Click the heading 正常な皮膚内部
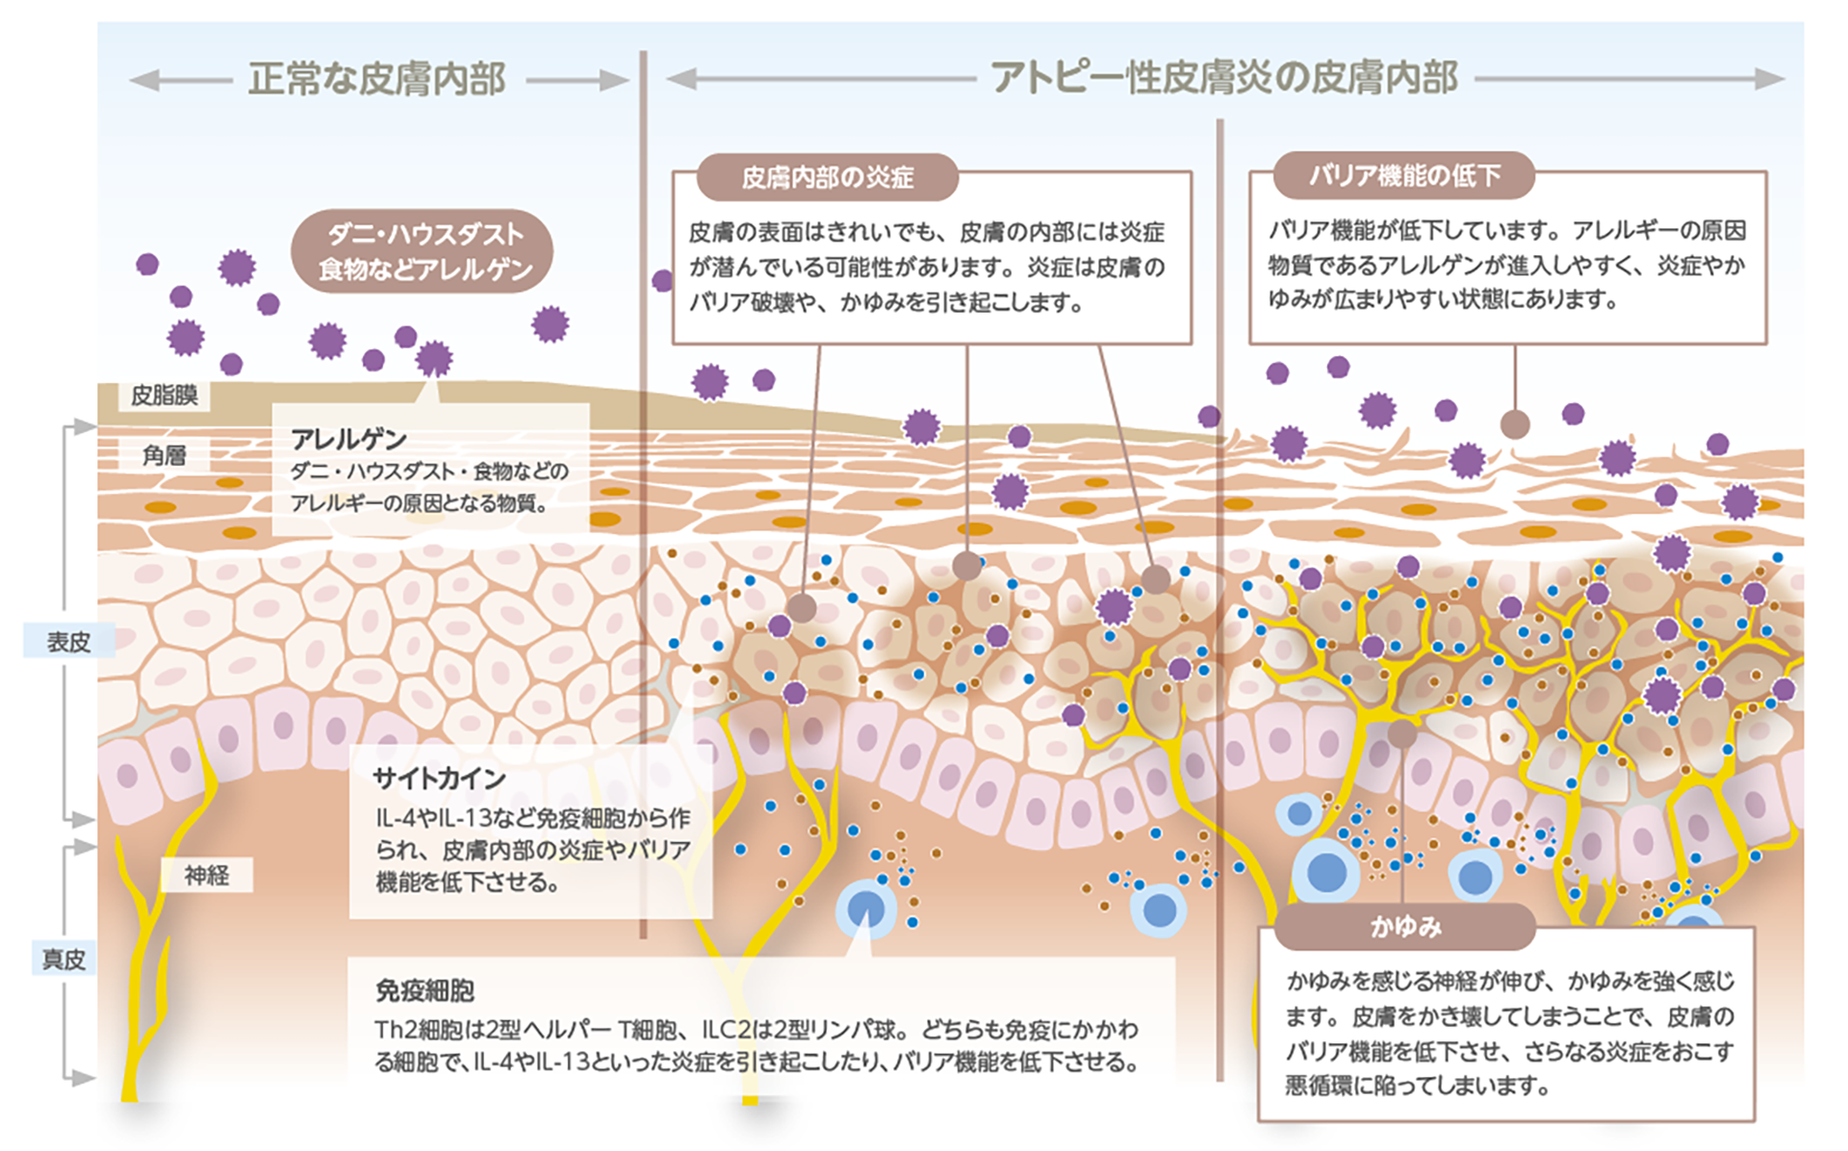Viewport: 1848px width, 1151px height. point(376,79)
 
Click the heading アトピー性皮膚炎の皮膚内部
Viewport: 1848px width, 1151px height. point(1224,78)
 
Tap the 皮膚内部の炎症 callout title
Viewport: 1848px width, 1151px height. point(827,177)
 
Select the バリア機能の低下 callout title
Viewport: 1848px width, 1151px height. point(1403,175)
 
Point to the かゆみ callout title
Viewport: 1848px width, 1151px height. point(1405,927)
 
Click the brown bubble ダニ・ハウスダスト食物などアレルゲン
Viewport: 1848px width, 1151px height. point(423,251)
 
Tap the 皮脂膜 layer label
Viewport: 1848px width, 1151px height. point(164,396)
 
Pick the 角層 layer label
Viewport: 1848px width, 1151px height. point(164,455)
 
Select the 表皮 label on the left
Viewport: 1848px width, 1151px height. point(68,642)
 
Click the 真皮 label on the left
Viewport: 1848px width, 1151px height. point(64,959)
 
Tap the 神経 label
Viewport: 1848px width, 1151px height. point(207,875)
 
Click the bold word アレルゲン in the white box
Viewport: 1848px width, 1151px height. point(348,440)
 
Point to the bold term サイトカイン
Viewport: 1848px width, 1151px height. point(439,778)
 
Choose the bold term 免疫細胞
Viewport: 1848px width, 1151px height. point(424,990)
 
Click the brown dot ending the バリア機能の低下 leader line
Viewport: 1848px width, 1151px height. point(1515,424)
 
